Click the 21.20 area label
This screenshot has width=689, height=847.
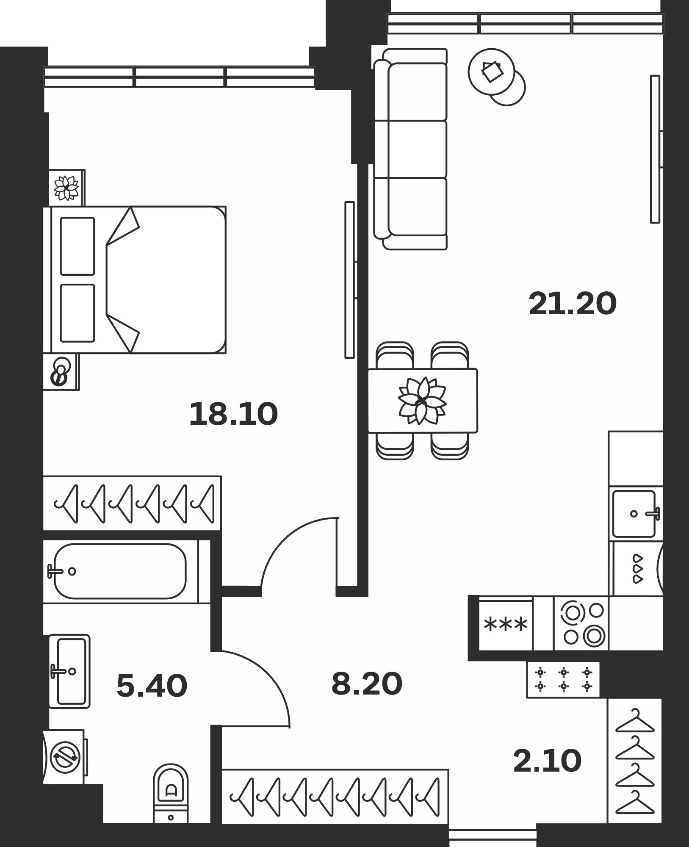(x=573, y=304)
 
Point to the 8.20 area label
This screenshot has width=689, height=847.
(x=367, y=684)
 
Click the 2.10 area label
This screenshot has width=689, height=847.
(x=547, y=761)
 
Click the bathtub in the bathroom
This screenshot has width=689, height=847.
(x=120, y=571)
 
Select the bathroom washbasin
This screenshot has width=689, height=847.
(x=69, y=671)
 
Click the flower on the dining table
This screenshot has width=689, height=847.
(x=422, y=401)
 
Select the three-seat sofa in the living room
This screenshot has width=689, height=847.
(x=410, y=149)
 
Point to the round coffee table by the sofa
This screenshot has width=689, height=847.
(x=492, y=72)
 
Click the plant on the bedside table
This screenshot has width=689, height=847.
(x=66, y=188)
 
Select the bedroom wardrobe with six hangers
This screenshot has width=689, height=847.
(x=132, y=503)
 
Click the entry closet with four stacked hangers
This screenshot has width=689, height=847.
(x=634, y=761)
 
